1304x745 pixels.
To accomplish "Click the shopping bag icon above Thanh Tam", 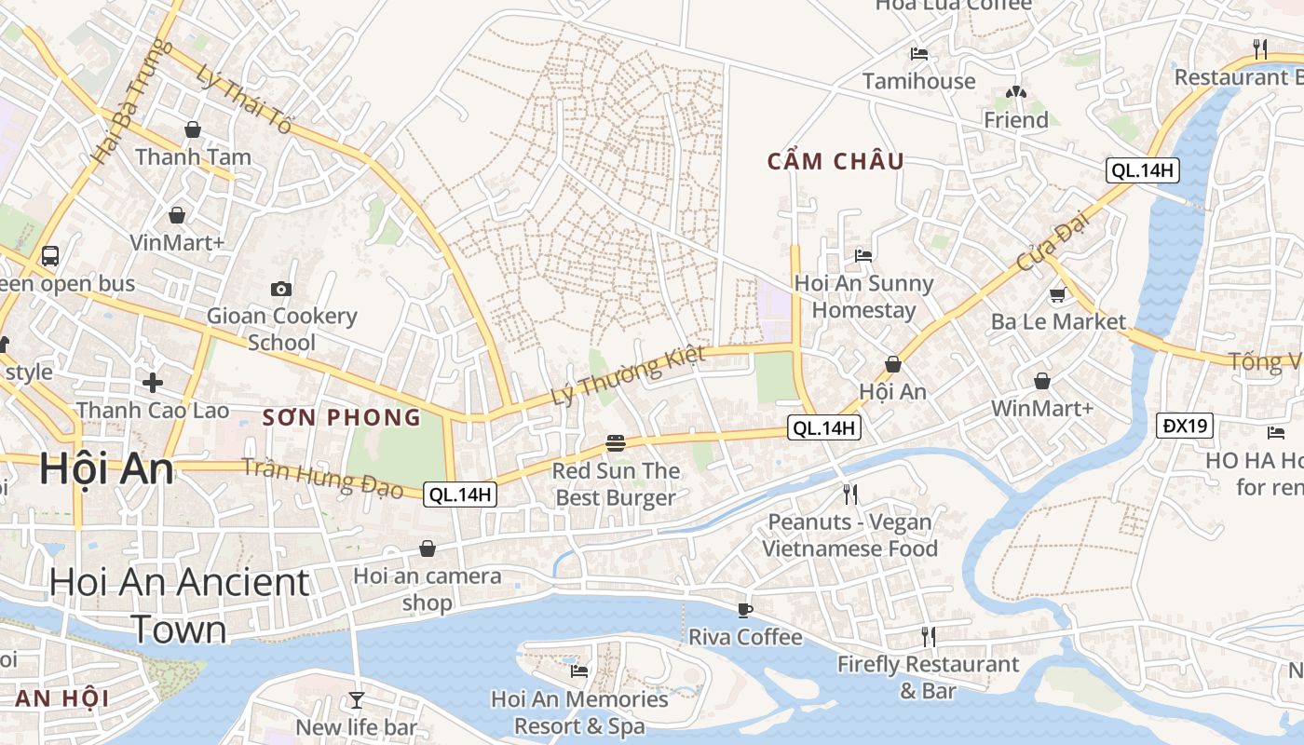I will click(193, 129).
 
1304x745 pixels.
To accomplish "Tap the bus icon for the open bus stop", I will click(50, 255).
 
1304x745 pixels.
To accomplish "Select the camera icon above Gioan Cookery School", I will click(280, 289).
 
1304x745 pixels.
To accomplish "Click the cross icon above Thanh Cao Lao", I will click(153, 382).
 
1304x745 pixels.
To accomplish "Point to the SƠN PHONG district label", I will click(342, 417).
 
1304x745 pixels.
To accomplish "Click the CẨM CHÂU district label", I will click(835, 161).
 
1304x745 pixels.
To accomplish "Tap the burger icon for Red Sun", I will click(615, 442).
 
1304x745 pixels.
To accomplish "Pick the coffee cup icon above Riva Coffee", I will click(744, 610).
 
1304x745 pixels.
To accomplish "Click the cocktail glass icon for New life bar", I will click(356, 699).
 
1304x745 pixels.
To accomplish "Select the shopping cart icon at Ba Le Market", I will click(1057, 295).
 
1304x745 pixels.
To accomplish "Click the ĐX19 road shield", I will click(1186, 426).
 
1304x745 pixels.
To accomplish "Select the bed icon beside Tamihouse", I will click(919, 54).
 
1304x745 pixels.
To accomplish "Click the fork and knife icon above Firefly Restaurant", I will click(928, 637).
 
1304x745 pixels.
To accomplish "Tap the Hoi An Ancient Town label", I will click(179, 605).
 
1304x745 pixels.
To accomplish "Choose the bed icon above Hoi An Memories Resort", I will click(578, 670).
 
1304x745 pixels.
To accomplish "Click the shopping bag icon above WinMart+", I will click(1042, 381).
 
